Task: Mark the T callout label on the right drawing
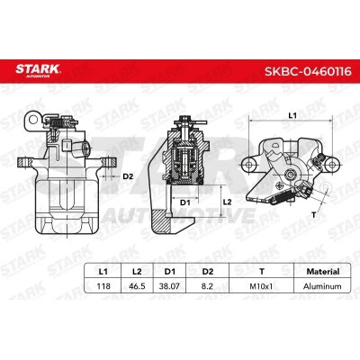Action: pyautogui.click(x=312, y=215)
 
